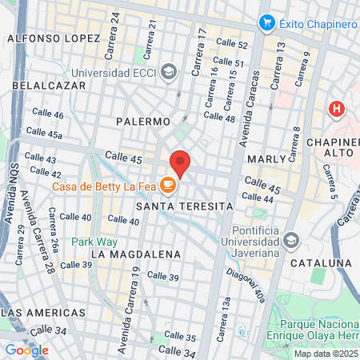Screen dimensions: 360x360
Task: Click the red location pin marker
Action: click(180, 162)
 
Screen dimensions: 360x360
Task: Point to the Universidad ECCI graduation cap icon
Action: click(168, 72)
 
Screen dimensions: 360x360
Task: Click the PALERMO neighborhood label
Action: click(143, 121)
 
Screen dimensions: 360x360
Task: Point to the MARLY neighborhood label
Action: click(266, 159)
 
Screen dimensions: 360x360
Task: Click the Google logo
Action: click(26, 350)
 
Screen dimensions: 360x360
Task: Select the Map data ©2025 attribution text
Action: click(324, 353)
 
